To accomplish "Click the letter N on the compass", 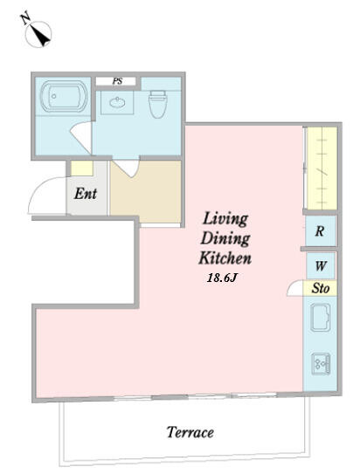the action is click(25, 17).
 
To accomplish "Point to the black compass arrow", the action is click(40, 36).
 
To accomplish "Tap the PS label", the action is click(117, 81).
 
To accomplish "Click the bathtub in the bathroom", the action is click(64, 96).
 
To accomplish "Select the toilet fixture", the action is click(157, 104).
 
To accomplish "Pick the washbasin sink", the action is click(117, 103).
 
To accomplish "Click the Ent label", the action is click(86, 194).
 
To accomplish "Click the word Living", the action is click(225, 218).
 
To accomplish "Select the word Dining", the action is click(225, 238).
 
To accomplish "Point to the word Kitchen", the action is click(225, 258).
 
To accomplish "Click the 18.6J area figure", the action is click(221, 278).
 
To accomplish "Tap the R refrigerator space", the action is click(321, 231).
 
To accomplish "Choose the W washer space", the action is click(321, 265).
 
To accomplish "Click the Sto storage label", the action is click(320, 288).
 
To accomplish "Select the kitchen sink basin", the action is click(320, 318).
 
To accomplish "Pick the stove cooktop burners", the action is click(321, 364).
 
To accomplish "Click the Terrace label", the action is click(190, 432).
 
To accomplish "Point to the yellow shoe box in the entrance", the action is click(81, 168).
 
